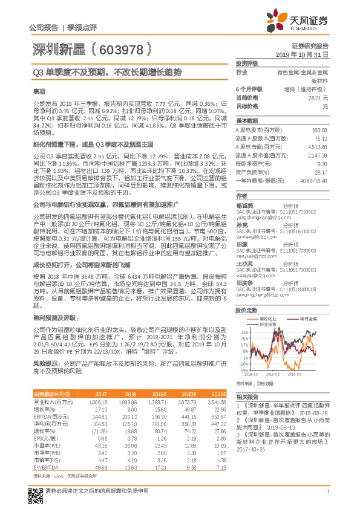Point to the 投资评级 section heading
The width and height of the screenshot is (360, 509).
tap(247, 63)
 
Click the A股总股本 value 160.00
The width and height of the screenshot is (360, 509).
tap(319, 131)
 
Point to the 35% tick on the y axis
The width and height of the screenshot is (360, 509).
tap(243, 332)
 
